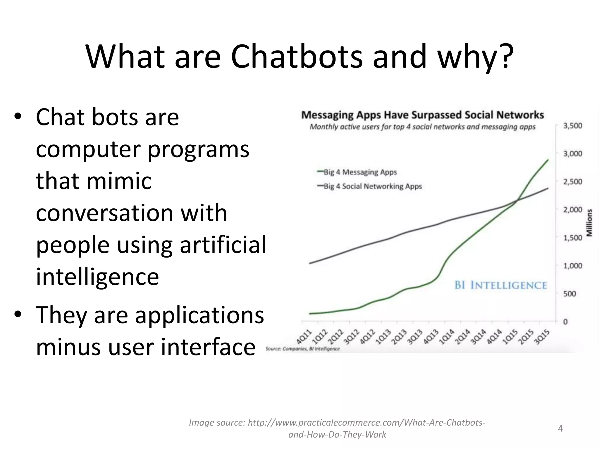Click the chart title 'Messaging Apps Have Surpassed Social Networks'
(x=423, y=115)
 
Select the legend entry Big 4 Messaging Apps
(x=360, y=172)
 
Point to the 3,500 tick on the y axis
(x=573, y=126)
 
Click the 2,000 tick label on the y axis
(x=573, y=210)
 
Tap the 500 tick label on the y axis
(x=569, y=294)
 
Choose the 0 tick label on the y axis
(x=565, y=322)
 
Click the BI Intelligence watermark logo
(x=501, y=285)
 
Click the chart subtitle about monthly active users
(x=423, y=127)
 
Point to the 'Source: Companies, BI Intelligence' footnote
(x=303, y=349)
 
